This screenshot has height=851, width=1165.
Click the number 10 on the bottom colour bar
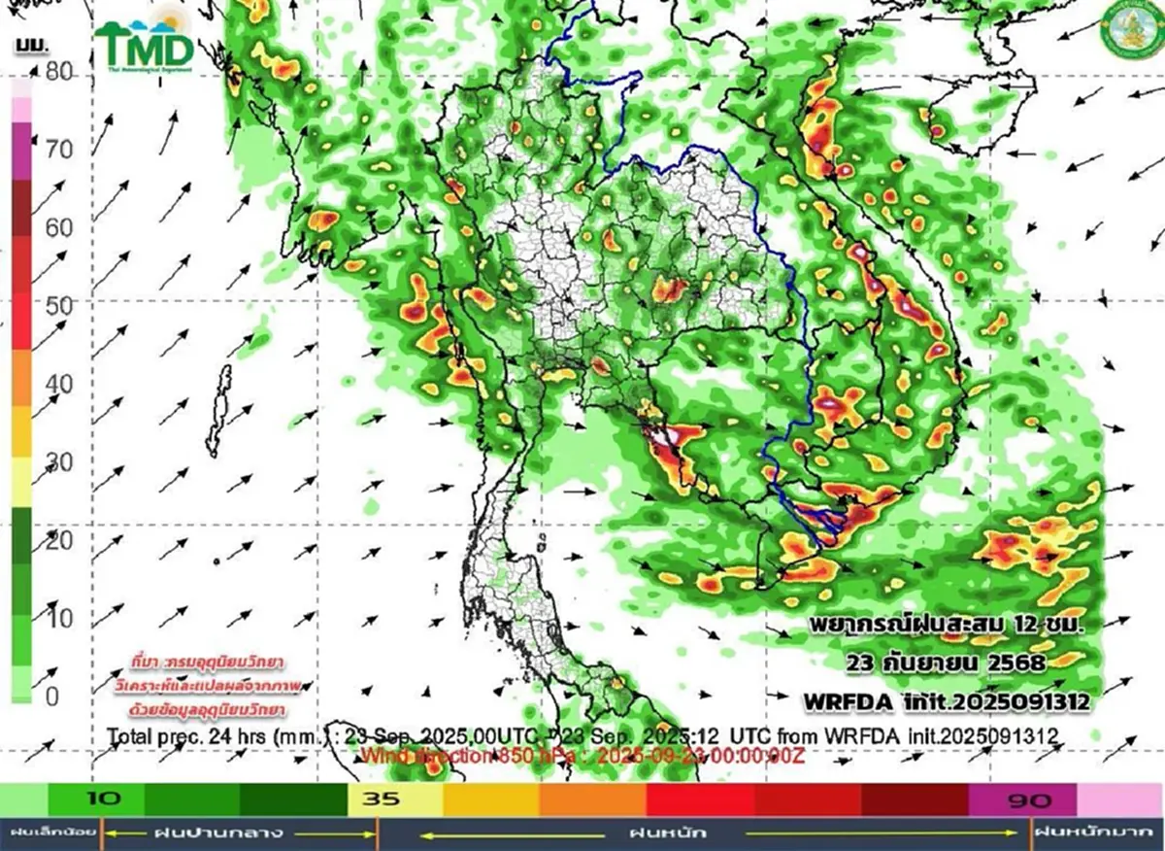(108, 800)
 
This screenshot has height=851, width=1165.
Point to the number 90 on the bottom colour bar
(1029, 800)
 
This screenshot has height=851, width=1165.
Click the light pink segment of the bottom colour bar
(1119, 800)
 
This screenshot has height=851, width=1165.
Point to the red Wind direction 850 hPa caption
(582, 755)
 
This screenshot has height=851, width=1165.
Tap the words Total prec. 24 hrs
(184, 735)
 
